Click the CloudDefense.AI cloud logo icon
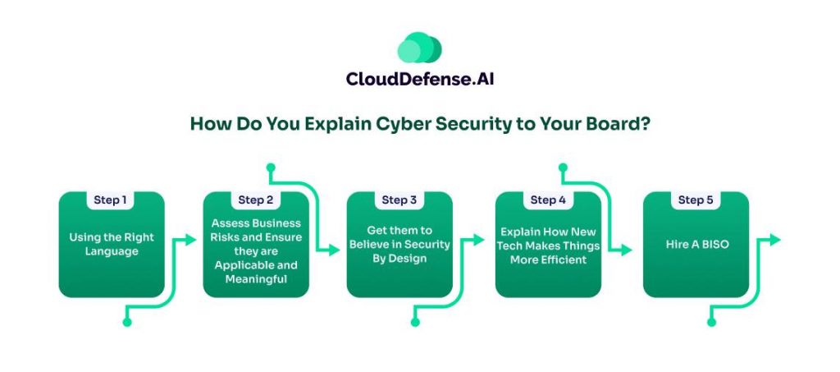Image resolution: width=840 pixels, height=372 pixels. (419, 48)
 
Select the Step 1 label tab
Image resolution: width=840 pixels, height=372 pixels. (112, 200)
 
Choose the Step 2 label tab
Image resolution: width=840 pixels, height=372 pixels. (256, 200)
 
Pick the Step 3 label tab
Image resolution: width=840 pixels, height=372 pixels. (399, 200)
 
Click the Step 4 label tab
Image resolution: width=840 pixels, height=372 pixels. (548, 200)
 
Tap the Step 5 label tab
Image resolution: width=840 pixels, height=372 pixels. (696, 200)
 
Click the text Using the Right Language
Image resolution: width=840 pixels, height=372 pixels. (112, 245)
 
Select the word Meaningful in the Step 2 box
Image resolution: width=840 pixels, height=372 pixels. (256, 279)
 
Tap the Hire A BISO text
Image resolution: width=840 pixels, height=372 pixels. (696, 245)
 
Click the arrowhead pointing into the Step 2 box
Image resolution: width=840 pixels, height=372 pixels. (191, 240)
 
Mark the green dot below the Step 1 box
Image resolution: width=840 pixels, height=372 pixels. (127, 322)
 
